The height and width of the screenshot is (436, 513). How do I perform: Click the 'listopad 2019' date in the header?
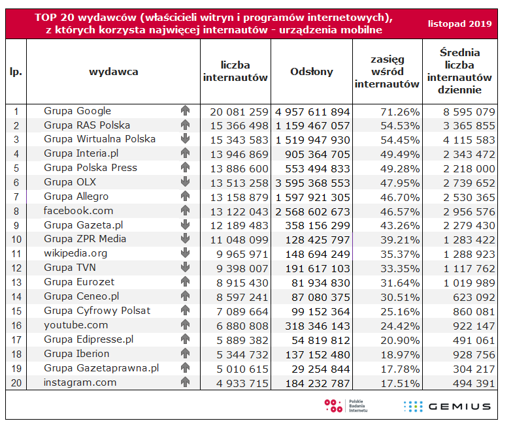459,23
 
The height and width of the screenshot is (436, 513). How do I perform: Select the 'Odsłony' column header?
312,72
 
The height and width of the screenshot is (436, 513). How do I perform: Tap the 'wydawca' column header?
113,72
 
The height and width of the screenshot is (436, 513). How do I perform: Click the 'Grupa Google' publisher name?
77,111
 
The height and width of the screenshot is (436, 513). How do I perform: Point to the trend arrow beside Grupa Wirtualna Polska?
185,139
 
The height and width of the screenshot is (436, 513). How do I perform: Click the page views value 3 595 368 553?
313,182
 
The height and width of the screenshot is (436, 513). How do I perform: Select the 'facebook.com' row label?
78,211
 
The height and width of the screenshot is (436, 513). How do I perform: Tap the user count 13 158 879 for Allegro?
236,196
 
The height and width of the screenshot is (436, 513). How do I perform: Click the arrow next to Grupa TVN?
185,268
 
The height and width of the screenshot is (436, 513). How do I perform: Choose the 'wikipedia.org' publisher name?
76,253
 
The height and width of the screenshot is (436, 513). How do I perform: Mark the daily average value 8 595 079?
465,111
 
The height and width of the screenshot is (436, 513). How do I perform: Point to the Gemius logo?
447,406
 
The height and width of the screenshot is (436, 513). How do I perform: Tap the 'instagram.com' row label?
80,382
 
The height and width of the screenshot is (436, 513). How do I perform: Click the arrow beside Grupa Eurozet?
185,282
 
